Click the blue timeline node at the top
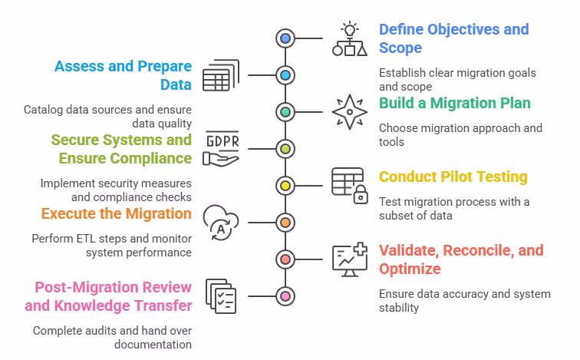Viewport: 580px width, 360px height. [285, 38]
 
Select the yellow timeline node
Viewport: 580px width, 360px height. [285, 185]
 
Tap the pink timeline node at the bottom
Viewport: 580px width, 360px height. [285, 296]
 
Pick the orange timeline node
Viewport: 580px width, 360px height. [285, 222]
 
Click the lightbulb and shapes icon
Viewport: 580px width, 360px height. [349, 38]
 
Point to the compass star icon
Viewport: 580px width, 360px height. [349, 111]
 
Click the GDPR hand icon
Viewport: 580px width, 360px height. [221, 148]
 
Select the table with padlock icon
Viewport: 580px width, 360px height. [349, 185]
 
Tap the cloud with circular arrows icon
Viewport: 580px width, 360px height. [221, 222]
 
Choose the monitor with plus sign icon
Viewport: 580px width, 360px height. [349, 259]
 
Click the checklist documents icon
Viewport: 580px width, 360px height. [221, 296]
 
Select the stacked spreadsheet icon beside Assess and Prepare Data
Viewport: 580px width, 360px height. [221, 74]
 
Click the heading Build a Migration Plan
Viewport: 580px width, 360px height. [455, 103]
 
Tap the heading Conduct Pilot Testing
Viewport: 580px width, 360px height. [453, 177]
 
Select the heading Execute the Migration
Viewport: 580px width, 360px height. [116, 213]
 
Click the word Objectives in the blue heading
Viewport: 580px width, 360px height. [460, 29]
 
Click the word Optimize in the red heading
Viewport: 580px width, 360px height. [410, 269]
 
